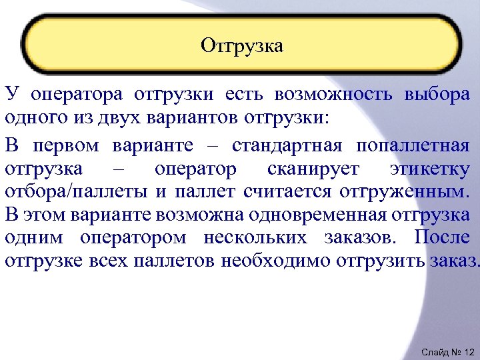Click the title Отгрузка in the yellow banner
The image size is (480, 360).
[x=241, y=46]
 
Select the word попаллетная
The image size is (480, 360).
[x=412, y=145]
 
